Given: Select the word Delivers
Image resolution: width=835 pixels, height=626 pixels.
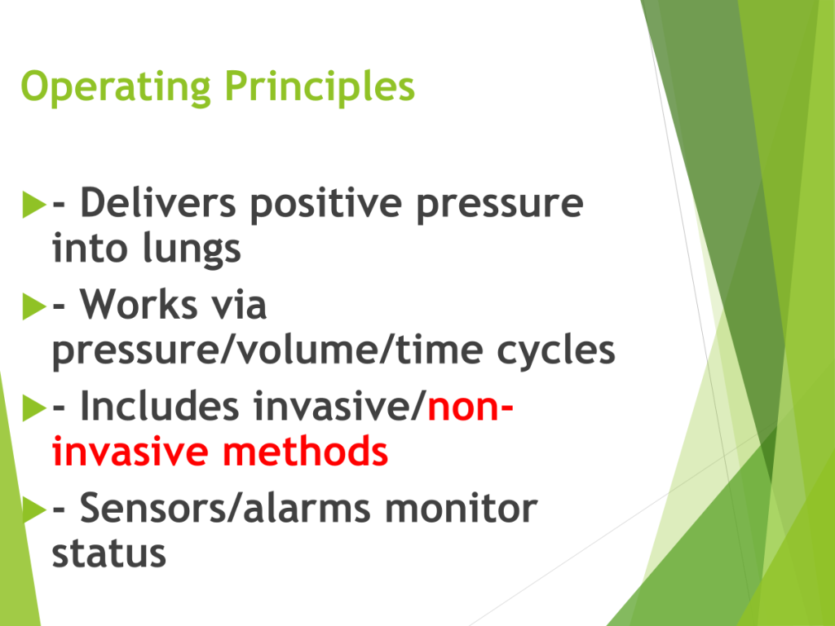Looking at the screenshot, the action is (x=158, y=202).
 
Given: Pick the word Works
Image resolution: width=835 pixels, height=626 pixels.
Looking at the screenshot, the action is (x=139, y=305).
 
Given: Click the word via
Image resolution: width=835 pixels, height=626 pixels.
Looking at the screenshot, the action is (x=239, y=305).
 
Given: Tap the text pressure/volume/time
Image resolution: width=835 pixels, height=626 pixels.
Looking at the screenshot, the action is (x=267, y=350).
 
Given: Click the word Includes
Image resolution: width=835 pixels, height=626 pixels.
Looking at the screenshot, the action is (x=159, y=406).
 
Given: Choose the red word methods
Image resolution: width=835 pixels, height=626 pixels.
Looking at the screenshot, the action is (x=305, y=452).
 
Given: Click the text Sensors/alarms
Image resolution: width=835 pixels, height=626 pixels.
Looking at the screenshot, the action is (x=225, y=508).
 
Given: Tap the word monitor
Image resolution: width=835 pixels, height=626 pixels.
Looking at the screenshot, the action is (x=462, y=509).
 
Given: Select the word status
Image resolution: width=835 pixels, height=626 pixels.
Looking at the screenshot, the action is (x=109, y=554).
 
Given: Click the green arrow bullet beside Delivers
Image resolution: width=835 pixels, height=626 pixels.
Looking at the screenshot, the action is (x=34, y=205).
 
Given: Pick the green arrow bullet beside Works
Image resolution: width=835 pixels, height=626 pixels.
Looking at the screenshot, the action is (x=34, y=306).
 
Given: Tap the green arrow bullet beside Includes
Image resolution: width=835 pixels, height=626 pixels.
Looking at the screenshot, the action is (x=34, y=408).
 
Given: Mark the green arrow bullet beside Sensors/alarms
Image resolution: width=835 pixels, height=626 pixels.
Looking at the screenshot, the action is (x=34, y=510).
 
